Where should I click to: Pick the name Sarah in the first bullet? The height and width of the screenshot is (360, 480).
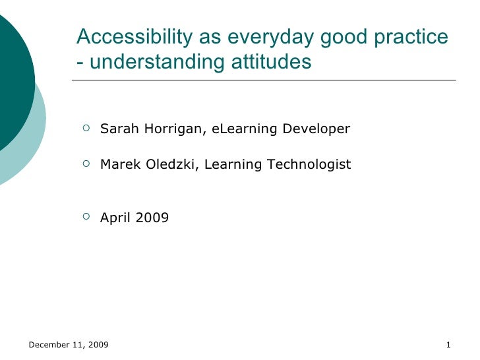click(117, 129)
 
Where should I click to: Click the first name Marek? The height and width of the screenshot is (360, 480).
click(117, 164)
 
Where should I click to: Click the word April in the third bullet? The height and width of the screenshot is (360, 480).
click(115, 217)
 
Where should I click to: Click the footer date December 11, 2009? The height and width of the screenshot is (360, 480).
click(69, 345)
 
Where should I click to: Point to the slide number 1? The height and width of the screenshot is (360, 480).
click(448, 345)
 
